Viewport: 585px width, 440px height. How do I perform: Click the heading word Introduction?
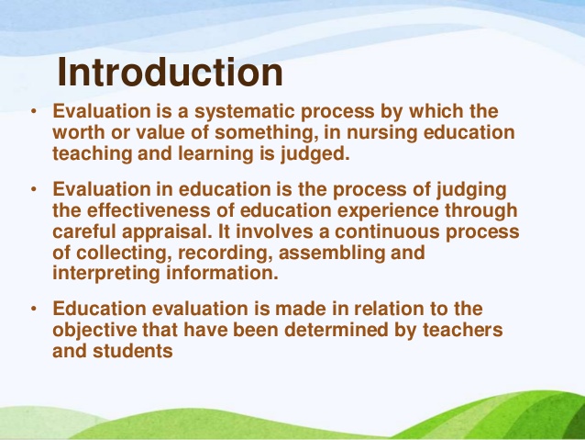[171, 73]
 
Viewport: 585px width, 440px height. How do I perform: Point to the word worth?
[80, 133]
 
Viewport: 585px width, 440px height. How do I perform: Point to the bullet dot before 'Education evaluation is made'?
[34, 310]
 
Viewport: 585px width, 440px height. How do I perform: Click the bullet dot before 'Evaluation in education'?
[34, 190]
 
